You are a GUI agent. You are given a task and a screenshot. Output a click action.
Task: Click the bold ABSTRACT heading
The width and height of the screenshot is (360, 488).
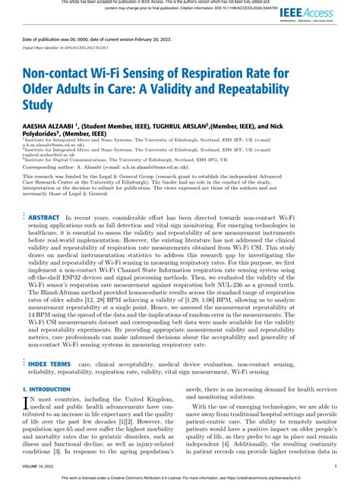click(44, 217)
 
